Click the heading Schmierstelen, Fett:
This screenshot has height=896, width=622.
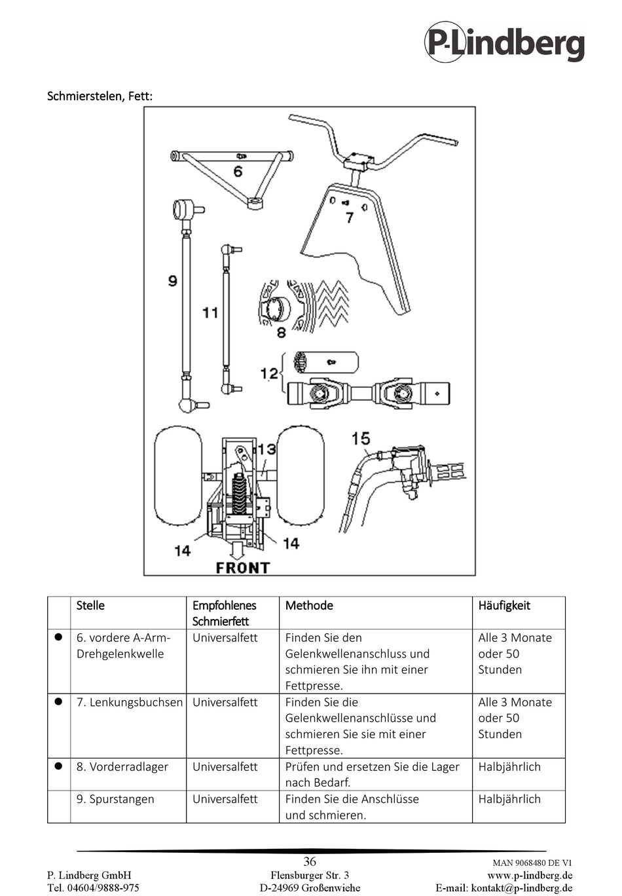tap(100, 96)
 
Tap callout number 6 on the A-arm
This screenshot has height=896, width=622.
tap(238, 172)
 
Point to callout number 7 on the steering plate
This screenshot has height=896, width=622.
tap(350, 217)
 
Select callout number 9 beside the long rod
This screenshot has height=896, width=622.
tap(172, 281)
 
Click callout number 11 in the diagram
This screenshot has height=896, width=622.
tap(210, 312)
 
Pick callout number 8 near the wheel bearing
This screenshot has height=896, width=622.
tap(281, 333)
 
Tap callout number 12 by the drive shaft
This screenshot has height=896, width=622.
tap(269, 373)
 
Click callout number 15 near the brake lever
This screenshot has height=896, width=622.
tap(361, 438)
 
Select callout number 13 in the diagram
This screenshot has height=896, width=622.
tap(266, 449)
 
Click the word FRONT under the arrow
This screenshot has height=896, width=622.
tap(242, 568)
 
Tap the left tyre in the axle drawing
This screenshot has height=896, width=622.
tap(177, 476)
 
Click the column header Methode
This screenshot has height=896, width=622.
tap(309, 606)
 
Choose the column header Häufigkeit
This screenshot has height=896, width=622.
tap(504, 606)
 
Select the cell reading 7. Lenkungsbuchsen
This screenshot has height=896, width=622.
tap(129, 702)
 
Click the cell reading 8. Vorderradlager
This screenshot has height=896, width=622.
tap(122, 767)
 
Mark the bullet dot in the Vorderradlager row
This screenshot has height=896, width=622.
tap(58, 766)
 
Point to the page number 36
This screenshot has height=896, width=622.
tap(310, 861)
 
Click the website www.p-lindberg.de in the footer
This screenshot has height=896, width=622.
tap(530, 876)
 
